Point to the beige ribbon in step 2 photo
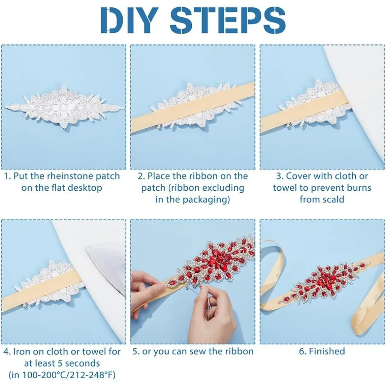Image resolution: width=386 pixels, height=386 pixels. (193, 108)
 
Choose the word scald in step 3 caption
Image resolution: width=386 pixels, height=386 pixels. (333, 200)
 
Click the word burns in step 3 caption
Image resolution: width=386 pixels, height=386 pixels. (359, 188)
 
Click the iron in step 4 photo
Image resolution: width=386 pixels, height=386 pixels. (106, 273)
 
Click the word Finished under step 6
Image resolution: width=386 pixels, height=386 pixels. (327, 352)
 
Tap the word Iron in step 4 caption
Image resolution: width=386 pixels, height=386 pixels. (22, 352)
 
